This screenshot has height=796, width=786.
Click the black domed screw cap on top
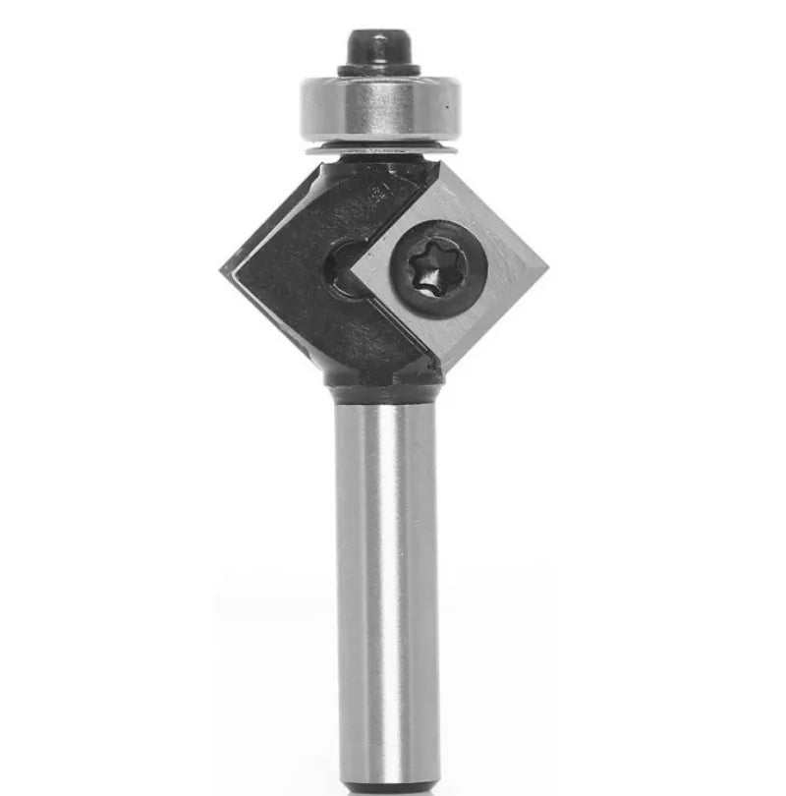pos(377,46)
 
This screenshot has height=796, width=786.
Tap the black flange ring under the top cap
pos(378,69)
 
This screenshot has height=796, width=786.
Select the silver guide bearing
pos(378,108)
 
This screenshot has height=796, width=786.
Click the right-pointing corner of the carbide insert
pos(543,264)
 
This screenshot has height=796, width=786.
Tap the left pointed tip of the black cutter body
pos(224,267)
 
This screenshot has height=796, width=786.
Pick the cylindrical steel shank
pos(385,590)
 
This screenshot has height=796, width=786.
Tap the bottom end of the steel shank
pos(385,786)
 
